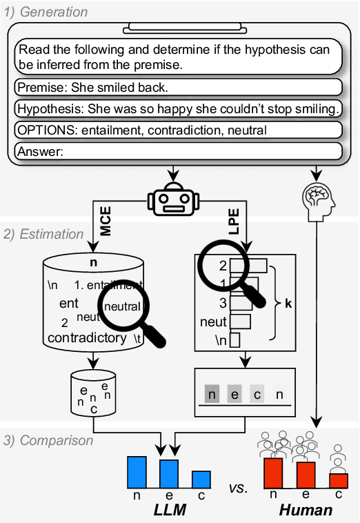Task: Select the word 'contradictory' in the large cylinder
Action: (87, 338)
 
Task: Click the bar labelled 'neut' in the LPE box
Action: (241, 322)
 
